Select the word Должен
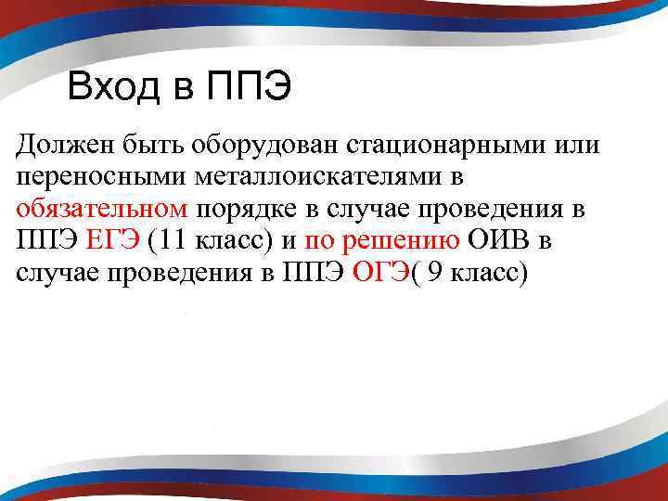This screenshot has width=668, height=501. click(63, 146)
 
